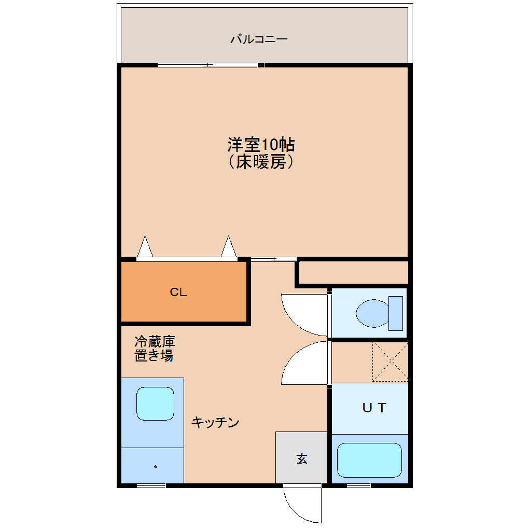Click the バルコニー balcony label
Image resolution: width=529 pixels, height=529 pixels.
click(259, 39)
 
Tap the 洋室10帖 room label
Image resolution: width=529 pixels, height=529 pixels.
click(261, 144)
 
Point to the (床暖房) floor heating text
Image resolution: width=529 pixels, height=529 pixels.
click(261, 162)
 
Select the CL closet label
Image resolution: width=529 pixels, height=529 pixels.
click(178, 293)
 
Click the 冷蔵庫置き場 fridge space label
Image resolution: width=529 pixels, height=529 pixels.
click(155, 349)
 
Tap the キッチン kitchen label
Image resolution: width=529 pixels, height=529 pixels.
click(215, 422)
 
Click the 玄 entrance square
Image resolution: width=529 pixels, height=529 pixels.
click(302, 458)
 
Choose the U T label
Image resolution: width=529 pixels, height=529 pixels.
click(374, 408)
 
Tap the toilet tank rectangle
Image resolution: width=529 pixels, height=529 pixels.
click(396, 313)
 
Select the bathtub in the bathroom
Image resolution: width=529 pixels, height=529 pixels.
click(369, 460)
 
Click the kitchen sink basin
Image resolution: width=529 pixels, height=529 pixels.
click(155, 403)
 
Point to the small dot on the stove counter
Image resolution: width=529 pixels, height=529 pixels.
click(155, 467)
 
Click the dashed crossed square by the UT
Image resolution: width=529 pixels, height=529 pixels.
click(390, 361)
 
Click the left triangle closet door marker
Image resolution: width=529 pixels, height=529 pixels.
click(145, 247)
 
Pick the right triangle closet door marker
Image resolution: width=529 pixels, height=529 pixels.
click(229, 247)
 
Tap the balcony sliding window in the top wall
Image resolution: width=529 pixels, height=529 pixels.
click(207, 65)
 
